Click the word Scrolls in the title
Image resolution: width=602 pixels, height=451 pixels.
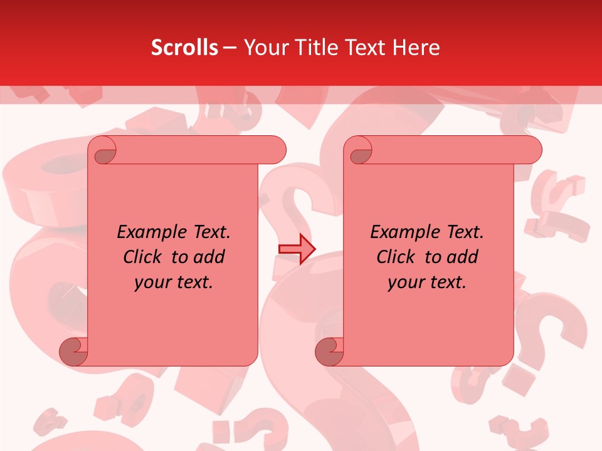[184, 48]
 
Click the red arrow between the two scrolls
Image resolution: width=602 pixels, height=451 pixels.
[297, 249]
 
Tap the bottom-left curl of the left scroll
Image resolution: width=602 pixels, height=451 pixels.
[74, 351]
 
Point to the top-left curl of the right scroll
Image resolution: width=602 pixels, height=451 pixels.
[359, 150]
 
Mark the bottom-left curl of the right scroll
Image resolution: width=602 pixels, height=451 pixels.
[329, 351]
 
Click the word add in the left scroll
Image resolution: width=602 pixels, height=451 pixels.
[209, 257]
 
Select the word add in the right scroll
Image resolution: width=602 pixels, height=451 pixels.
[463, 257]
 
